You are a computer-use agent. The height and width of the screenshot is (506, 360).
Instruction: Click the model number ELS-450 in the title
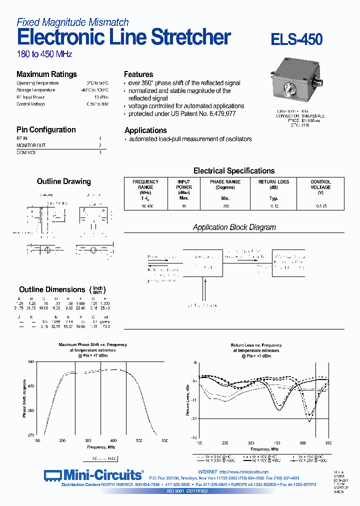pyautogui.click(x=296, y=39)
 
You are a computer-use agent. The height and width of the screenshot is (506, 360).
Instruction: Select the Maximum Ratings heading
pyautogui.click(x=46, y=74)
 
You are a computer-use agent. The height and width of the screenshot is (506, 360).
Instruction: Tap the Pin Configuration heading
pyautogui.click(x=46, y=129)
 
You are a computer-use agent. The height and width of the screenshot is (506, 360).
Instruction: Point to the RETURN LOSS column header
pyautogui.click(x=273, y=184)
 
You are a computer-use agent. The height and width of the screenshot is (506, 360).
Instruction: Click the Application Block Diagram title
pyautogui.click(x=234, y=227)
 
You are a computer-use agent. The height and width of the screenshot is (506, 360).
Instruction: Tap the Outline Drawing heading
pyautogui.click(x=63, y=181)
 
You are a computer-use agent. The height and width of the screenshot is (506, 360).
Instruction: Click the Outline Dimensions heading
pyautogui.click(x=52, y=289)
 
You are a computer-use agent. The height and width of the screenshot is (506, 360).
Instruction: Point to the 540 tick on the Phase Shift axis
pyautogui.click(x=30, y=361)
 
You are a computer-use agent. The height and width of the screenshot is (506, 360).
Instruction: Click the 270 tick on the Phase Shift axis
pyautogui.click(x=30, y=435)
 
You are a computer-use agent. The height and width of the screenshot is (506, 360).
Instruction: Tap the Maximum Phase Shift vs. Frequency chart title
pyautogui.click(x=92, y=344)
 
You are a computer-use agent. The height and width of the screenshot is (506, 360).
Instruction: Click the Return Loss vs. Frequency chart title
pyautogui.click(x=256, y=345)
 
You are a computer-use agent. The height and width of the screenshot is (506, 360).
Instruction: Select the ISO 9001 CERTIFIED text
pyautogui.click(x=187, y=491)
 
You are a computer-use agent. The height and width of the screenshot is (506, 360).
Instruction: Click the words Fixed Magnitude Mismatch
pyautogui.click(x=72, y=22)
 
